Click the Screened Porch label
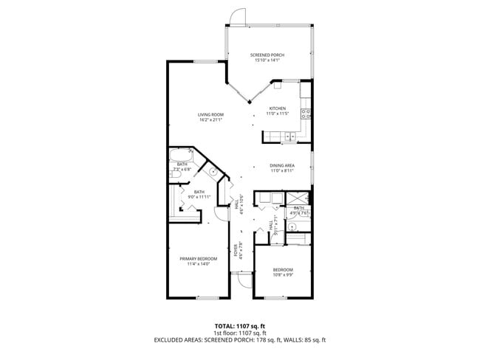click(267, 55)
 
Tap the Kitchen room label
click(277, 108)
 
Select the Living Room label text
click(210, 114)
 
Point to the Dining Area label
click(281, 165)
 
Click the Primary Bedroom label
click(199, 258)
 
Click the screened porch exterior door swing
click(236, 17)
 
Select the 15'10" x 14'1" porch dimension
click(267, 60)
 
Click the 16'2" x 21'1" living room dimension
click(210, 120)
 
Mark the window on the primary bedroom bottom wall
click(208, 298)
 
